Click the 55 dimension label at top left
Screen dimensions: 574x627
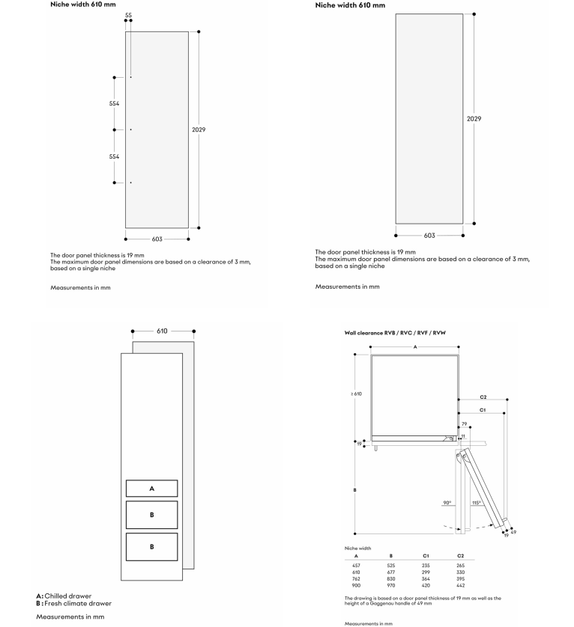[x=128, y=15]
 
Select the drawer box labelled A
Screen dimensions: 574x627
[x=152, y=489]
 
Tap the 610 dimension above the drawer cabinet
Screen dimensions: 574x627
[x=162, y=331]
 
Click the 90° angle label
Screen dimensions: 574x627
[x=447, y=503]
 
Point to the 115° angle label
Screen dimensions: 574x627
[x=476, y=503]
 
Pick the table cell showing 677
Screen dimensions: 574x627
[x=391, y=572]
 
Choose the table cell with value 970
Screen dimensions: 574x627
[x=391, y=585]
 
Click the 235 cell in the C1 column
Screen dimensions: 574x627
[x=426, y=566]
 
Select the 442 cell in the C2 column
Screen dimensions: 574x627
[x=461, y=585]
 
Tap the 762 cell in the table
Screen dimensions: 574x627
[x=356, y=578]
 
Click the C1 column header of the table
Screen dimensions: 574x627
[x=426, y=556]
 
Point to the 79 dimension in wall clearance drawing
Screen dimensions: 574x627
[x=465, y=424]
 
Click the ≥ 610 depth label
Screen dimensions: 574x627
[x=356, y=394]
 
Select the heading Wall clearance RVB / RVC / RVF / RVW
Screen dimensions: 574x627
[x=395, y=333]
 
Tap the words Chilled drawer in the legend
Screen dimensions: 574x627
[x=68, y=596]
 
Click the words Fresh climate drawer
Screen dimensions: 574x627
[x=78, y=603]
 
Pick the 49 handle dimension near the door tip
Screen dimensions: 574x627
[x=513, y=532]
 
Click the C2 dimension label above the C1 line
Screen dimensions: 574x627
[x=483, y=397]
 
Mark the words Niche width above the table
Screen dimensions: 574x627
[x=357, y=548]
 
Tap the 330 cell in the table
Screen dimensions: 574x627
[x=461, y=572]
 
